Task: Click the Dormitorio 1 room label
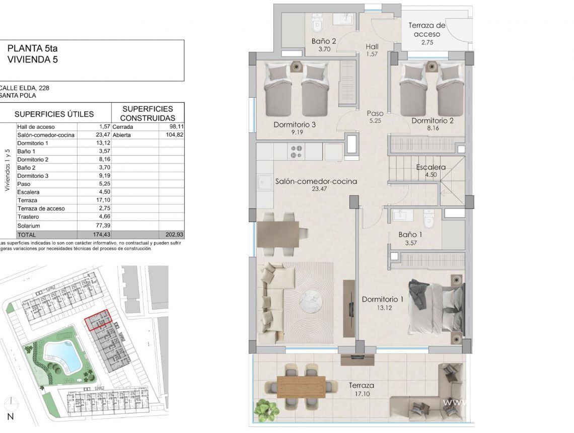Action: tap(383, 300)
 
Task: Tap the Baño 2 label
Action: tap(324, 41)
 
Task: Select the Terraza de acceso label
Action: tap(427, 30)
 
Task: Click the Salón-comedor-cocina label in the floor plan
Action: tap(316, 181)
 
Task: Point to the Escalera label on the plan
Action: tap(431, 167)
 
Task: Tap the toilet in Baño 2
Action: tap(317, 24)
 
